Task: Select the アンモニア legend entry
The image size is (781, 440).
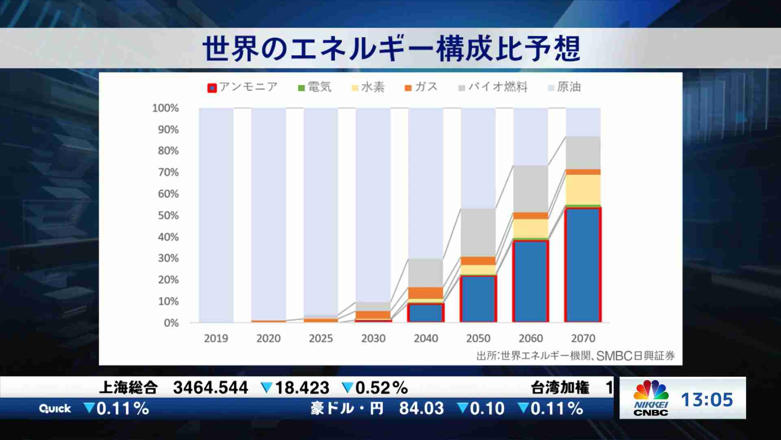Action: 242,87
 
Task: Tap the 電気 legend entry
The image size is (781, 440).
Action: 315,87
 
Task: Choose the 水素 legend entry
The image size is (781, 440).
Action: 368,87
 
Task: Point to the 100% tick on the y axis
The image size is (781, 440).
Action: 165,108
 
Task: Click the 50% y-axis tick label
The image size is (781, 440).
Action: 168,216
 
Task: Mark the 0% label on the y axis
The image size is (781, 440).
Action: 171,323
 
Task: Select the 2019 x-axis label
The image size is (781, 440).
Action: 216,338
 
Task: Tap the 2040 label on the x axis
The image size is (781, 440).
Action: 426,338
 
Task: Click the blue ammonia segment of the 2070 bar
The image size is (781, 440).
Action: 583,265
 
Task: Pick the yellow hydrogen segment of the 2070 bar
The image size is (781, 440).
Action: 583,189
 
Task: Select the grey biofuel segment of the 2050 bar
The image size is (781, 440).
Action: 478,232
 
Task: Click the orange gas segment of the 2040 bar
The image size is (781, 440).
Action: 426,293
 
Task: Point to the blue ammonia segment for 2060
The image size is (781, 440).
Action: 530,281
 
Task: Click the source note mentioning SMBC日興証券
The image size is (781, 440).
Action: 576,356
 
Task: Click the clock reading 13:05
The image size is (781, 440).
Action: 707,400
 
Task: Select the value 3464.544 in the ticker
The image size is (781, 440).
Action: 210,387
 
